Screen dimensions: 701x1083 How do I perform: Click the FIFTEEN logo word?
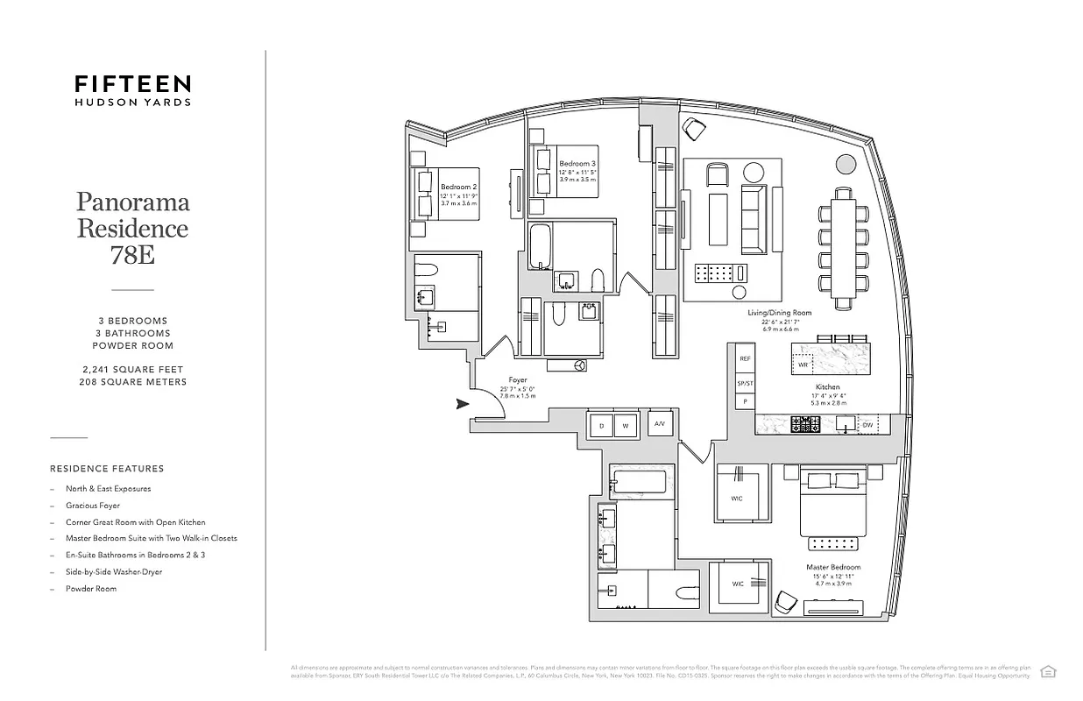(x=132, y=83)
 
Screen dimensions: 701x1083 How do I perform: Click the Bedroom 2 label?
(x=458, y=187)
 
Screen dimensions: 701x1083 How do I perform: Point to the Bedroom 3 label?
(x=577, y=164)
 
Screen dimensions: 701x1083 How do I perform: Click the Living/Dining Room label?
(x=779, y=313)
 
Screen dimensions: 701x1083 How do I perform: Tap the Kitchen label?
(x=827, y=386)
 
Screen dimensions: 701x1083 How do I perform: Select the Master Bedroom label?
(x=832, y=567)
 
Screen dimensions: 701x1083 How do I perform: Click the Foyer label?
(x=518, y=380)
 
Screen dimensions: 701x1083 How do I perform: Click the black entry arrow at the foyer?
(x=462, y=404)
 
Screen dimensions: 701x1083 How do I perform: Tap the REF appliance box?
(x=745, y=358)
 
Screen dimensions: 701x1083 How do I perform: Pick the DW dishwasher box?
(x=867, y=425)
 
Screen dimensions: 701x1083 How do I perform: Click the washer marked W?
(x=626, y=425)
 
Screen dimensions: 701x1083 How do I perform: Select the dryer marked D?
(x=601, y=425)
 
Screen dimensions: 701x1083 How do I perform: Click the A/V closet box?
(x=659, y=424)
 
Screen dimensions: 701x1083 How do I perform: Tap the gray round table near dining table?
(x=846, y=164)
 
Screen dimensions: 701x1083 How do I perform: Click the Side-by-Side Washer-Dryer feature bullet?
(x=114, y=572)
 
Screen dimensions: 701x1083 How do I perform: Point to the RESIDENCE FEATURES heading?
(x=107, y=469)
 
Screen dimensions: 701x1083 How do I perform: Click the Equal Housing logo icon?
(x=1047, y=671)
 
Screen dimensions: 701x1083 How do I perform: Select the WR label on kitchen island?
(x=802, y=365)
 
